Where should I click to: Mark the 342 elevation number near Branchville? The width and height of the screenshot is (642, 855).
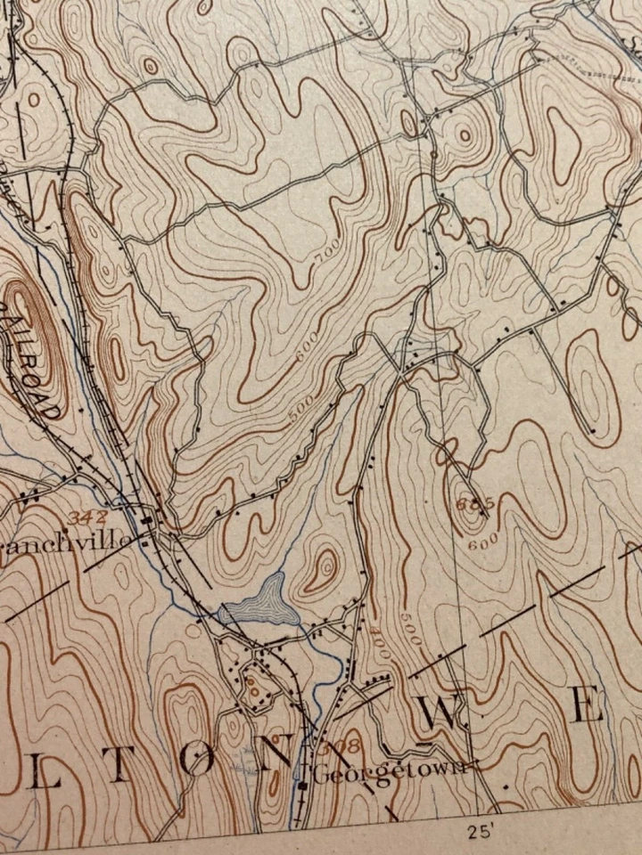86,517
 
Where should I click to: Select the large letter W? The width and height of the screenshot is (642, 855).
442,713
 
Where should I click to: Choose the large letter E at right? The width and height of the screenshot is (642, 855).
587,706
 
